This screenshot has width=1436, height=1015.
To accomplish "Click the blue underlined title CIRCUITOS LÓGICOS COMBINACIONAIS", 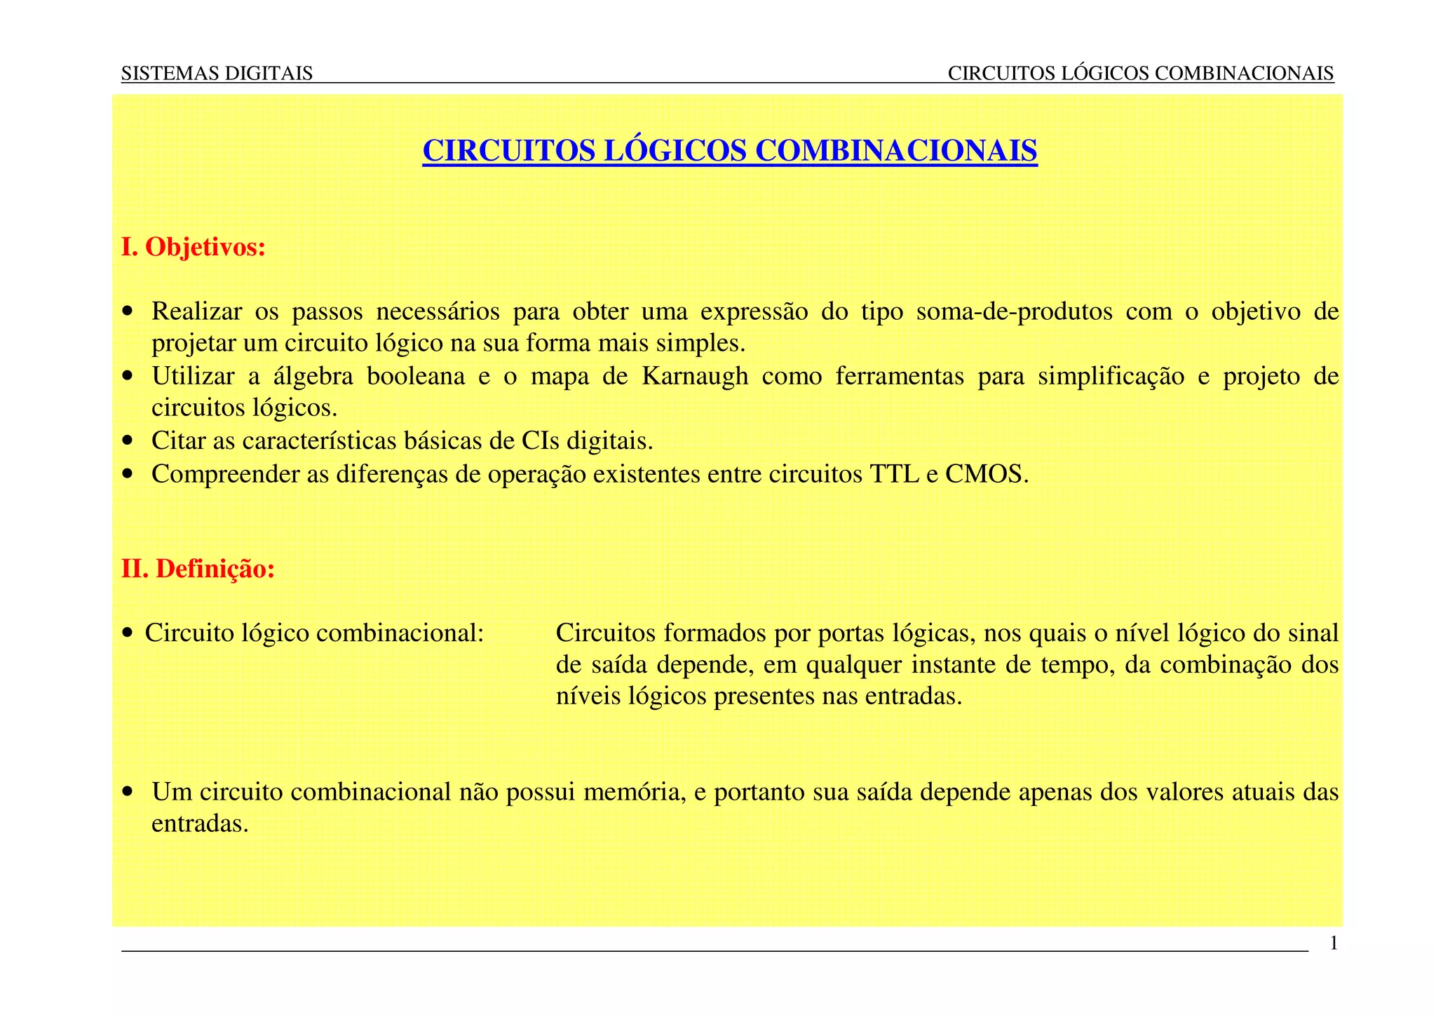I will [x=729, y=152].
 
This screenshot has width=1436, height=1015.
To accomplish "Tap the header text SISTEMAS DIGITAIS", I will [x=217, y=73].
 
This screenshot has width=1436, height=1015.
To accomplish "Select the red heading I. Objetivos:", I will [x=194, y=248].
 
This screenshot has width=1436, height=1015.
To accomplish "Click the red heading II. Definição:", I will [x=198, y=569].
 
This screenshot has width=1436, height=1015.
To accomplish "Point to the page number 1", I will [x=1334, y=943].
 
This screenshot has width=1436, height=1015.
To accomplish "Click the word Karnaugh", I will [x=695, y=377].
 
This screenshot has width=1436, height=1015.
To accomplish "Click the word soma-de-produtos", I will [x=1014, y=311].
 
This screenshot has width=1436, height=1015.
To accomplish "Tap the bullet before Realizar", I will [x=127, y=311].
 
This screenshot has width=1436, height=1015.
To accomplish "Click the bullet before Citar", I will [x=127, y=442].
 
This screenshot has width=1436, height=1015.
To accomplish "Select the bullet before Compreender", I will [x=127, y=475].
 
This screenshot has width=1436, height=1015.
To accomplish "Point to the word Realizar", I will [x=196, y=311].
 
